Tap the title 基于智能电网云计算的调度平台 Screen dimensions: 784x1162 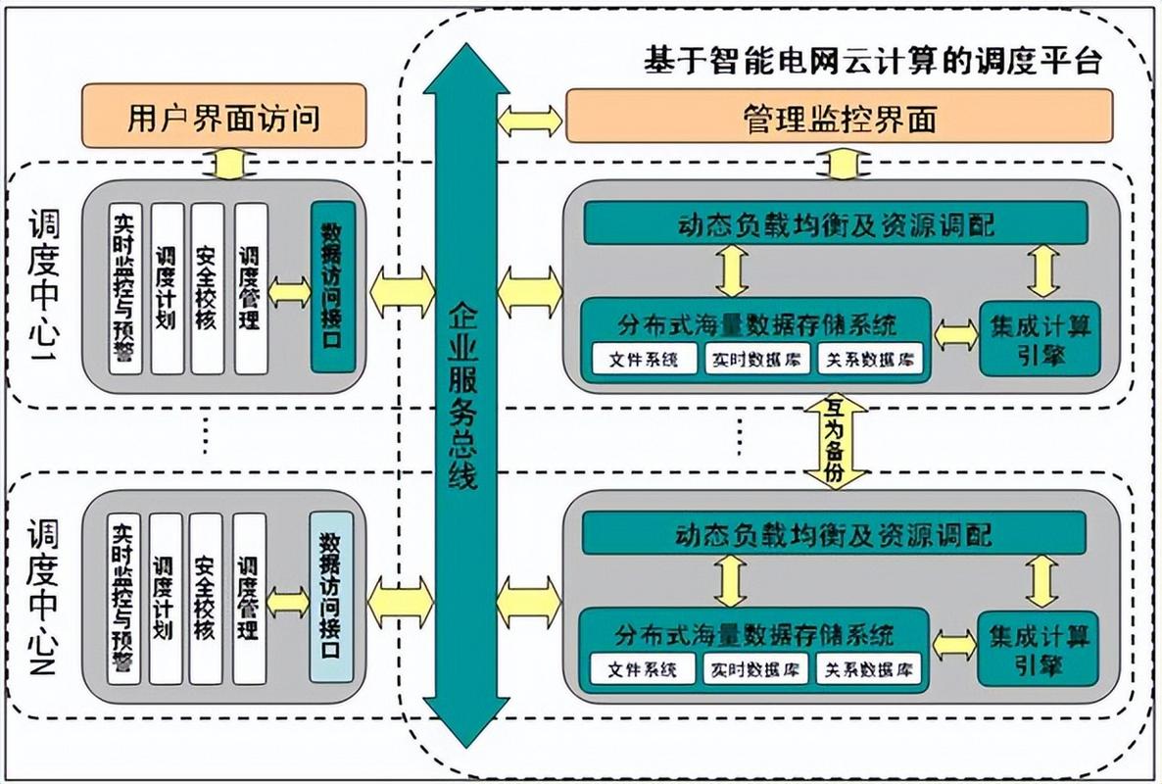(x=873, y=61)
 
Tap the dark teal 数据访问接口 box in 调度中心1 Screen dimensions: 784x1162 (x=332, y=287)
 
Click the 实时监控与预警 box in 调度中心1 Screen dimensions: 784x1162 (x=124, y=287)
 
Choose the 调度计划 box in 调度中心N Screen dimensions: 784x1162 (x=164, y=597)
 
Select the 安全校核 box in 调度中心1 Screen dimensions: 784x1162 (x=206, y=287)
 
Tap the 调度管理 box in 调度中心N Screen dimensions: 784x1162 (x=249, y=597)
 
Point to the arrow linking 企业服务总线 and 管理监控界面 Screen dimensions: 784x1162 (x=530, y=120)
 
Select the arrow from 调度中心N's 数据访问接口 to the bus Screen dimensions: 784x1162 (x=401, y=601)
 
